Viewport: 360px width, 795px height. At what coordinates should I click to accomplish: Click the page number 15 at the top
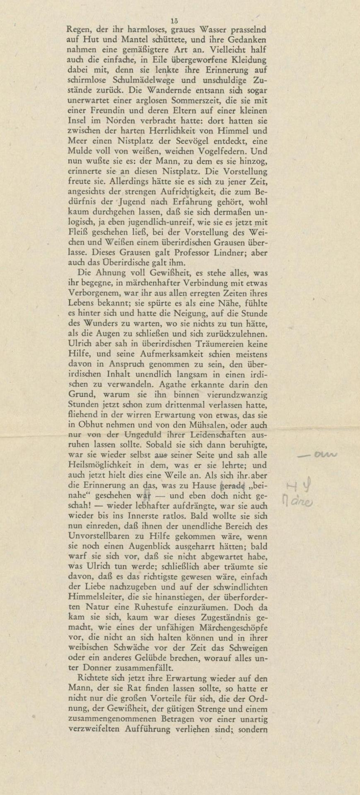pos(174,21)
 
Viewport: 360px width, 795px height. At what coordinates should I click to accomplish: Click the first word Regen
pos(79,30)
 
